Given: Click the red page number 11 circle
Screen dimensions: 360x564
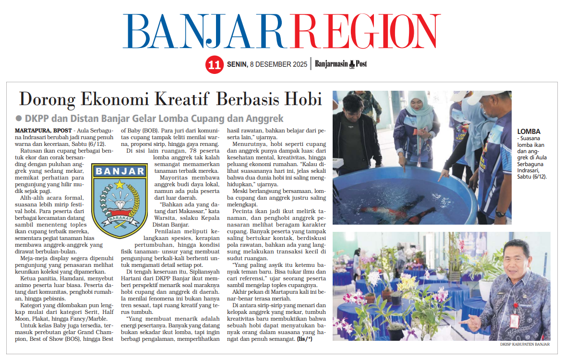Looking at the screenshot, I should point(214,65).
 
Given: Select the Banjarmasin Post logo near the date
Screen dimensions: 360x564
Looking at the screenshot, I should point(341,64).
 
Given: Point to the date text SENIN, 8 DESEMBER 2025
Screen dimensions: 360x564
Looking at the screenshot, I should point(267,64).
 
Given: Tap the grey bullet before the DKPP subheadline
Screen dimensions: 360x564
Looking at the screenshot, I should point(19,119).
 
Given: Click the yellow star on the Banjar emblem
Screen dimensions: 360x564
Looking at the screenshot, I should point(120,184).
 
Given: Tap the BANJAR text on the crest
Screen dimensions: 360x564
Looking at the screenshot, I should point(120,171).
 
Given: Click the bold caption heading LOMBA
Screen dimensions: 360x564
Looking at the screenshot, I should point(529,132).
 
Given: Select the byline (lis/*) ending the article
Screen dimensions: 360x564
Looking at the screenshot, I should point(304,340).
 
